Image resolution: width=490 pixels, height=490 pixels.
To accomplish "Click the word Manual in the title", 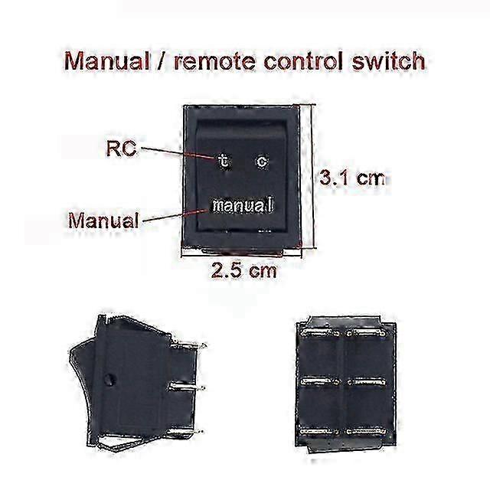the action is coord(106,60).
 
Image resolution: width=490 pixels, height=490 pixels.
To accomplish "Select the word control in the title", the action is coord(305,60).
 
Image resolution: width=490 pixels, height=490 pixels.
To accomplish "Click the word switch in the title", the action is coord(388,60).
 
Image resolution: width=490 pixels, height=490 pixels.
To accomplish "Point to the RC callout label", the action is coord(122,149).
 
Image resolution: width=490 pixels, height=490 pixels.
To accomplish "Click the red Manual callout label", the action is coord(103,220).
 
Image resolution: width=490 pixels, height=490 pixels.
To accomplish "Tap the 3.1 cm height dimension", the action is coord(352,178).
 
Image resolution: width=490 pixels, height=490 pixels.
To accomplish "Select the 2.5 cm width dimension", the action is coord(243,270).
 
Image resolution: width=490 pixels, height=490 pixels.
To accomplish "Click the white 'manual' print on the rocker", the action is coord(243,205).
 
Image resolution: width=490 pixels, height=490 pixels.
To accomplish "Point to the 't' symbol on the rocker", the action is coord(224,162).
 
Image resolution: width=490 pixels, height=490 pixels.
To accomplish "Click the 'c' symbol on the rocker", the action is coord(262,162).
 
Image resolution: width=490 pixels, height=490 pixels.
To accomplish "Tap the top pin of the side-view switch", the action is coord(188,346).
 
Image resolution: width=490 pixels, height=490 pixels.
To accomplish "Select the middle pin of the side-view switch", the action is coord(187,388).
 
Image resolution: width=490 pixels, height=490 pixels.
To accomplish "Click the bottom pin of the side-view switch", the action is coord(185,432).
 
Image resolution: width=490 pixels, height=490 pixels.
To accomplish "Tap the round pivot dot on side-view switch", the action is coord(110,380).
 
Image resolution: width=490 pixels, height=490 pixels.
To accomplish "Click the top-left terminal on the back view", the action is coord(320,334).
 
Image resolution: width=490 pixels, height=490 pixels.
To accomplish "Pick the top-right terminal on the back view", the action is coord(366,334).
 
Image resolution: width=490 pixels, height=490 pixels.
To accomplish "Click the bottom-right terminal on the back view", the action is coord(366,432).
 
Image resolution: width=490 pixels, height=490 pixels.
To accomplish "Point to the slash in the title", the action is coord(162,61).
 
